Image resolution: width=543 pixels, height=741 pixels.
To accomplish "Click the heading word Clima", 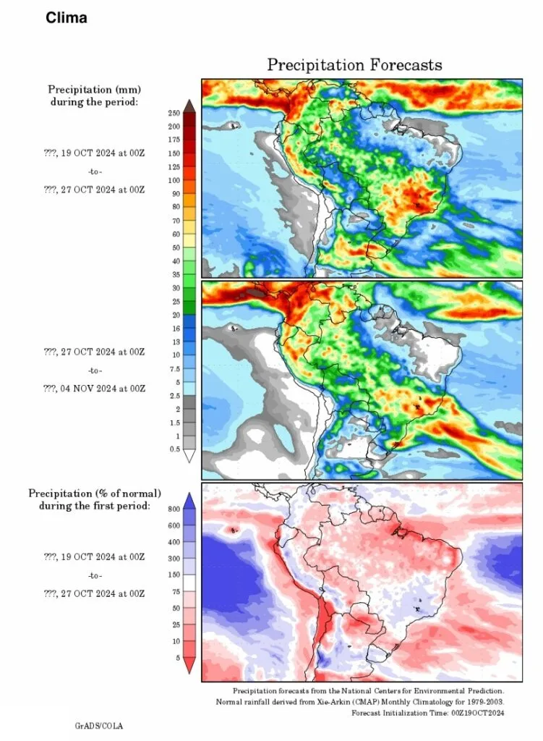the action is point(67,18).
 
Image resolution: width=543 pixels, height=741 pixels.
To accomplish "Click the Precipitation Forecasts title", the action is point(354,64).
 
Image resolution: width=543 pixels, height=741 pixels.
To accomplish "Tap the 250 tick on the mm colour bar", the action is point(174,113).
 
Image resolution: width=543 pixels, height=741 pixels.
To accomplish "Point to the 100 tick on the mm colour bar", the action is point(174,180).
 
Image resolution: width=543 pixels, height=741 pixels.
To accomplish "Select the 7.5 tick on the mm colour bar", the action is point(175,369).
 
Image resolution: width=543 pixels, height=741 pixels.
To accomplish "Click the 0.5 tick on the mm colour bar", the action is point(175,449).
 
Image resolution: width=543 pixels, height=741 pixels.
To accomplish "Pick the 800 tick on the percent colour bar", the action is point(174,509).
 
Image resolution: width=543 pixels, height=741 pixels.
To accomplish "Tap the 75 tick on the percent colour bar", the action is point(176,592).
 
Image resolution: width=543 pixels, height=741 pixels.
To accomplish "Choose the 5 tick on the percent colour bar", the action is point(178,658).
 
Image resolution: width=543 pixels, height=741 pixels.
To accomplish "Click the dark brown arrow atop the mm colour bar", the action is point(189,106).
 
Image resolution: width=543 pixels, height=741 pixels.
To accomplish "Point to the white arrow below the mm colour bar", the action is point(189,456).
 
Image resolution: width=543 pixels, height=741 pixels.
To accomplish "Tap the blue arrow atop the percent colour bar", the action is point(189,501).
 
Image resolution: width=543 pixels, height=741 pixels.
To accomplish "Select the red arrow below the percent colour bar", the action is point(189,666).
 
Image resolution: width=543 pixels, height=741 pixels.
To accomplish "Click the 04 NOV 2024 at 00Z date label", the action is point(103,389).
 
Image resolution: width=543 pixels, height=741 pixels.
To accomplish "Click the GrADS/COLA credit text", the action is point(98,726).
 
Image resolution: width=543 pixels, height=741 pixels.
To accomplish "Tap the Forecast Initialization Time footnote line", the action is point(428,713).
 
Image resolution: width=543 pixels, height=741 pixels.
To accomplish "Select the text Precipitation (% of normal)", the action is point(95,494).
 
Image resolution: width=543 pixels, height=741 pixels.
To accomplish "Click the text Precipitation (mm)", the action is point(95,89).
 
